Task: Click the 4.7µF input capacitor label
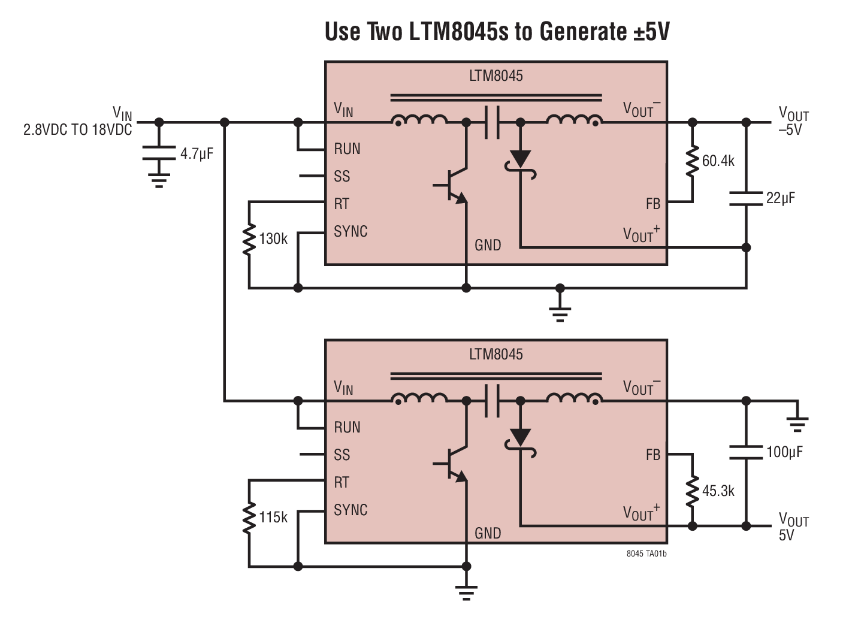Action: point(197,154)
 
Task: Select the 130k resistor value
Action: point(273,239)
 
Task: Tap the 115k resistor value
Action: point(273,518)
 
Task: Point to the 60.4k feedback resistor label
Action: point(718,161)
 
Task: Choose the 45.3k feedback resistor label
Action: point(718,491)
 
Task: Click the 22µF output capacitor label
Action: point(780,198)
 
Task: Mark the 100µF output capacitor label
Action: point(784,452)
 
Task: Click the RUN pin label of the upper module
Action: point(347,149)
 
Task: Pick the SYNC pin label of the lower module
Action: point(351,510)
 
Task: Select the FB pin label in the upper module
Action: point(652,204)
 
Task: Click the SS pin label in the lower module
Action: point(342,455)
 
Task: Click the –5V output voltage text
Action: point(790,130)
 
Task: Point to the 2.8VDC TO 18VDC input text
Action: point(77,130)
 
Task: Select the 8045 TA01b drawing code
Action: point(646,554)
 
